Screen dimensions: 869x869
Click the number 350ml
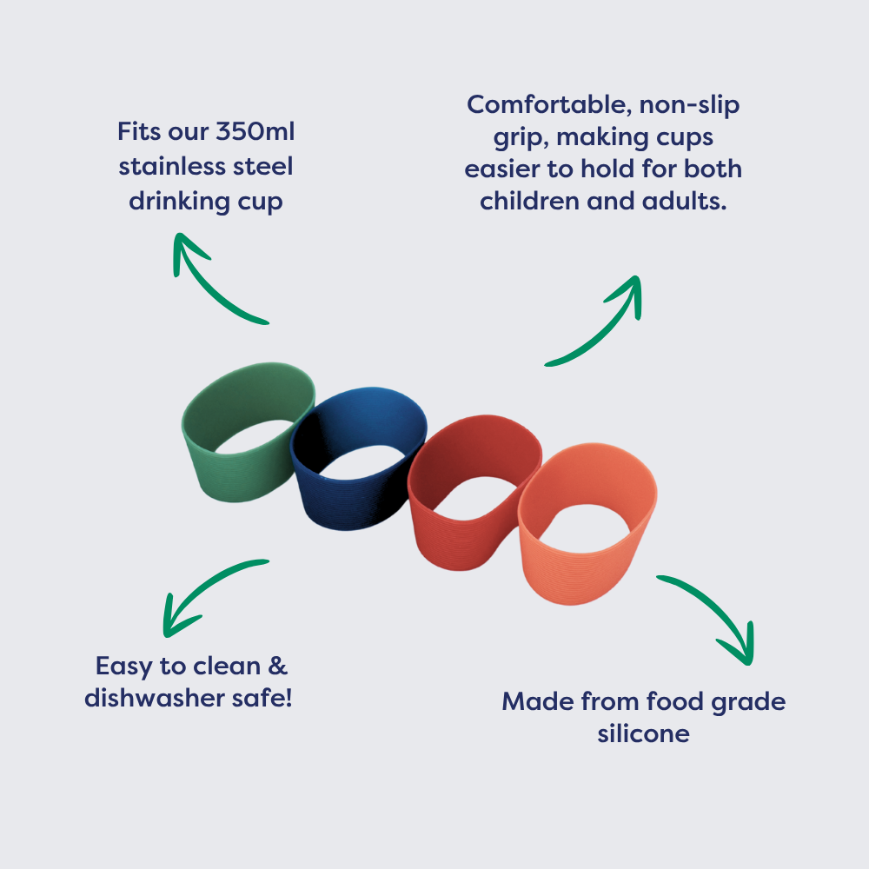(x=255, y=131)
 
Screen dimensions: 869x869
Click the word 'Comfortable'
(x=548, y=105)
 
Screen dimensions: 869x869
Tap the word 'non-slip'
(x=689, y=105)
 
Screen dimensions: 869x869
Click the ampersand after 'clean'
(x=278, y=666)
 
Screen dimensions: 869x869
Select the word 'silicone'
(x=643, y=733)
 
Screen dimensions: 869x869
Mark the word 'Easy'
(x=123, y=667)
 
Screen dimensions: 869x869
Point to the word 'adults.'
(x=685, y=201)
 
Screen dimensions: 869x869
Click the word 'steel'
(x=262, y=166)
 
